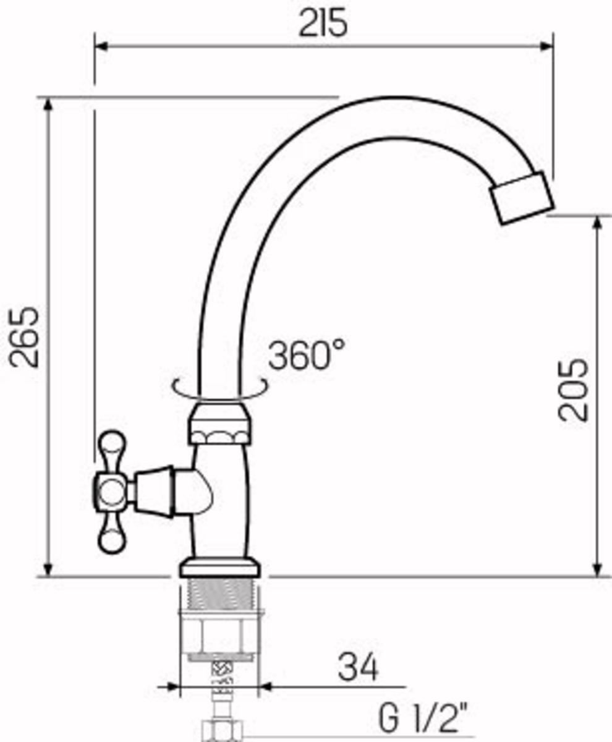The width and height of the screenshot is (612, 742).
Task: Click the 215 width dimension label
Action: pos(323,23)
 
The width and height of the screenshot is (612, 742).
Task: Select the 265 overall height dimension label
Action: pos(23,337)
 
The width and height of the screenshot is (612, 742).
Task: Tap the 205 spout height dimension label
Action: pos(573,390)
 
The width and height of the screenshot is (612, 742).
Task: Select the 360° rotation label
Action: pos(307,355)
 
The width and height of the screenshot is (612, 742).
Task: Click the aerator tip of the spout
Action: pos(522,198)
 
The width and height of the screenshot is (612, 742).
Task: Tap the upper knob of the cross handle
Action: pos(111,448)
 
